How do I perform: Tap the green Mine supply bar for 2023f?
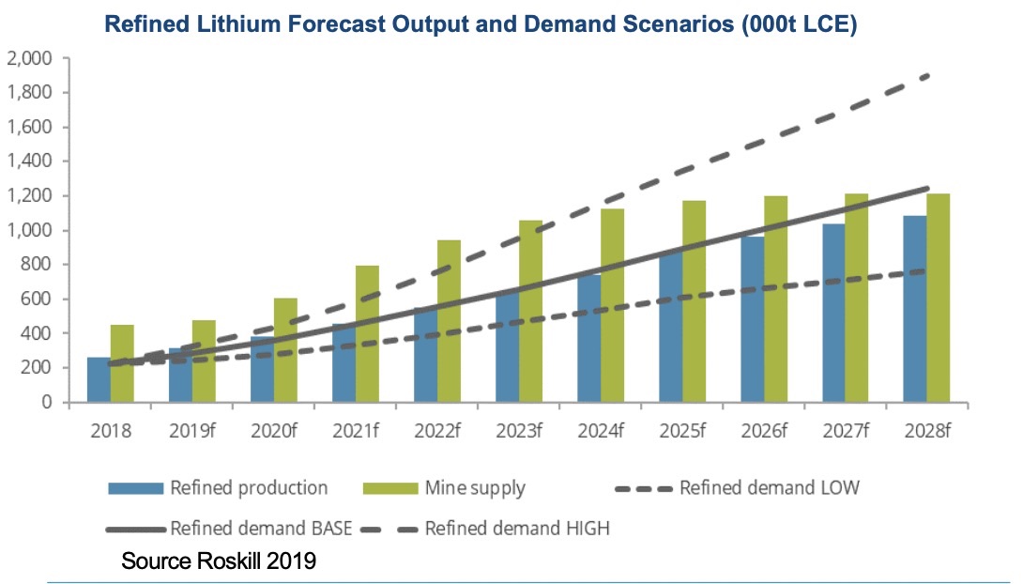point(531,312)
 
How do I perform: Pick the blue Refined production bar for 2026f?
point(752,320)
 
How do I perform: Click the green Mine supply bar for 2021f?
point(368,334)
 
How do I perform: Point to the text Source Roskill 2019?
point(219,561)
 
